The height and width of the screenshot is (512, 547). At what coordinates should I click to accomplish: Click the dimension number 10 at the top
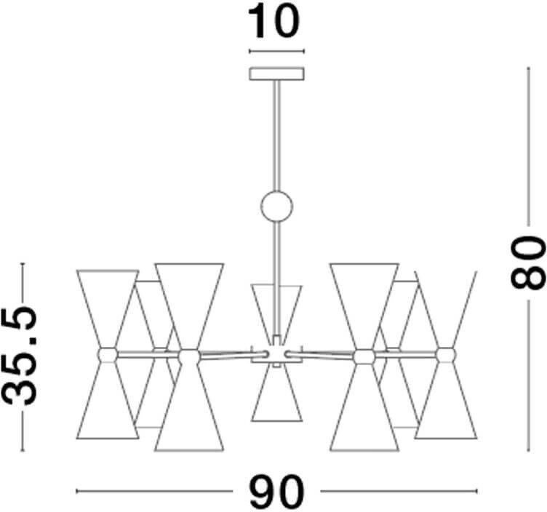[276, 22]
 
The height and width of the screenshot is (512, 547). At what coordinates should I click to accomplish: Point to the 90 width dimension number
[276, 492]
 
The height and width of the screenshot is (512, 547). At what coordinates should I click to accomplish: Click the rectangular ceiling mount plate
[276, 73]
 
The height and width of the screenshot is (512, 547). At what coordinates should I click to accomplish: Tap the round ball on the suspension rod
[276, 206]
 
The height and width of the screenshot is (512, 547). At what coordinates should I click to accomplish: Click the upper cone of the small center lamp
[276, 305]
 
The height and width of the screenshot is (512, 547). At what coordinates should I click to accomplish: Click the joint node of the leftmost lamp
[107, 354]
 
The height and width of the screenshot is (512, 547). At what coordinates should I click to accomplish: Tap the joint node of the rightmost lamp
[445, 354]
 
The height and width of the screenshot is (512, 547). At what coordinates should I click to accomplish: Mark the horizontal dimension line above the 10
[276, 52]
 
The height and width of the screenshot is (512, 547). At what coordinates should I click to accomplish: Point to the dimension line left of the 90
[160, 492]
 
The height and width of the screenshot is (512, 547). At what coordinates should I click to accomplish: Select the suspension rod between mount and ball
[276, 135]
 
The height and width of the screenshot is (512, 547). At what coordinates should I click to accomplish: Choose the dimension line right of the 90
[393, 492]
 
